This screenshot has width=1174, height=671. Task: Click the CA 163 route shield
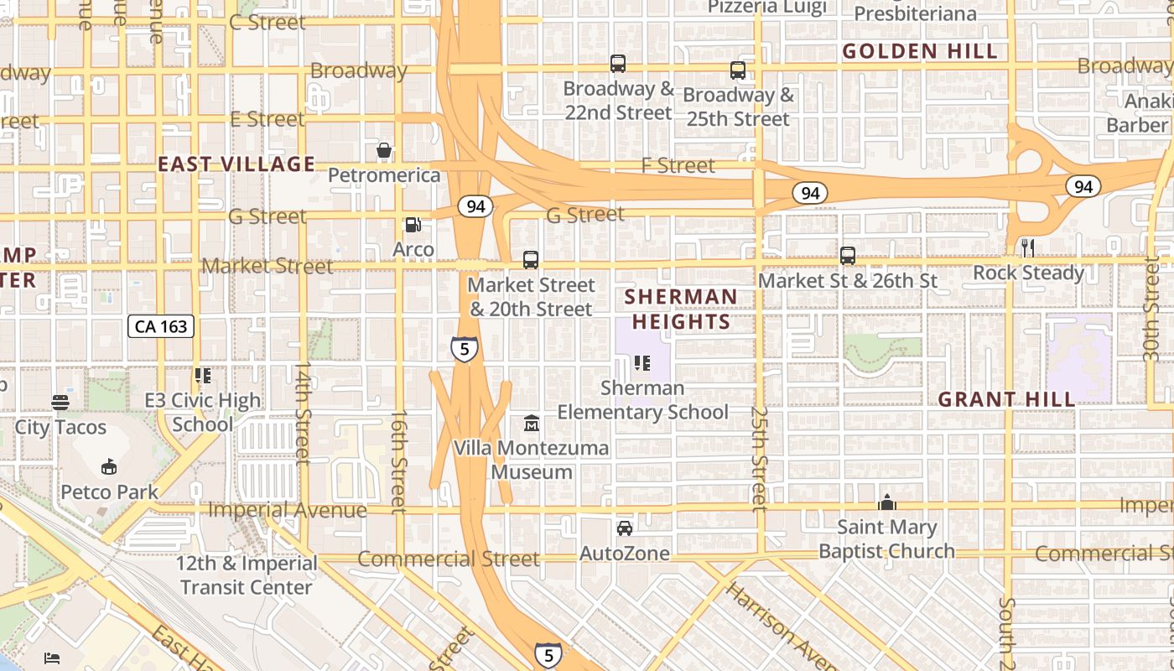coord(161,326)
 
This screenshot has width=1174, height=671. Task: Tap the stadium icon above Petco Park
coord(108,466)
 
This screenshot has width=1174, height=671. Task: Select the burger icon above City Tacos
coord(60,403)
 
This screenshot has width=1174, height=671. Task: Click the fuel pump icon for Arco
coord(413,225)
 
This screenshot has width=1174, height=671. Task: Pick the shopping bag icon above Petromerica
coord(384,151)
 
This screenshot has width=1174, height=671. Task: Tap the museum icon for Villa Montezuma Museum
coord(532,423)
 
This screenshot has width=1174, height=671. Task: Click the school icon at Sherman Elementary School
coord(642,363)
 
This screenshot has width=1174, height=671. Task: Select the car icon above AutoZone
coord(625,528)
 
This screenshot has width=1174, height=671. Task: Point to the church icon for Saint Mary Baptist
coord(886,502)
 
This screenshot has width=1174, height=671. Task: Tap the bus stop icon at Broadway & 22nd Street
coord(618,64)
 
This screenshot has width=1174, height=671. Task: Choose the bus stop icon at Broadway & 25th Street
coord(738,70)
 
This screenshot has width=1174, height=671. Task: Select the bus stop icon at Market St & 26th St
coord(848,256)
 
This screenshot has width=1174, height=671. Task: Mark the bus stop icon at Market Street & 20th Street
coord(531,260)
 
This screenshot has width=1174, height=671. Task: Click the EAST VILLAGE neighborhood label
coord(236,164)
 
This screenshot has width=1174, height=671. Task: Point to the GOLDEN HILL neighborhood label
coord(920,51)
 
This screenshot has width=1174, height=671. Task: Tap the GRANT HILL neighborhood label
coord(1006,399)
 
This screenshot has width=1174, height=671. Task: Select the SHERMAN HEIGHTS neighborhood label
coord(681,309)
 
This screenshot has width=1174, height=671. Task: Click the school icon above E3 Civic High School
coord(202,376)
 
